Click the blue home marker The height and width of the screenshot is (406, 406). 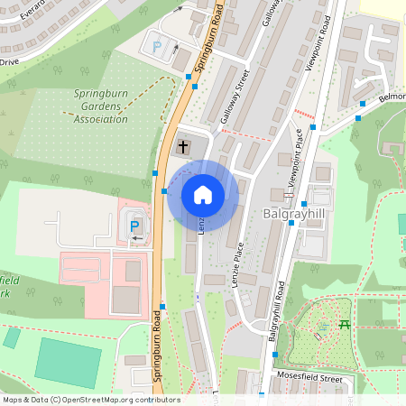tap(203, 195)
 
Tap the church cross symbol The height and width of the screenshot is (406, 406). tap(183, 146)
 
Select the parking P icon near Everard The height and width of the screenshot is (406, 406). tap(156, 46)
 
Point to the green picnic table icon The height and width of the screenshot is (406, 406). tap(344, 325)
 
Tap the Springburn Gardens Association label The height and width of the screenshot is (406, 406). tap(100, 106)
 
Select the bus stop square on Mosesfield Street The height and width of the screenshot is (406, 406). tap(262, 395)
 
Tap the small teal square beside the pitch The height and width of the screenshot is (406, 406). tap(11, 337)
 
